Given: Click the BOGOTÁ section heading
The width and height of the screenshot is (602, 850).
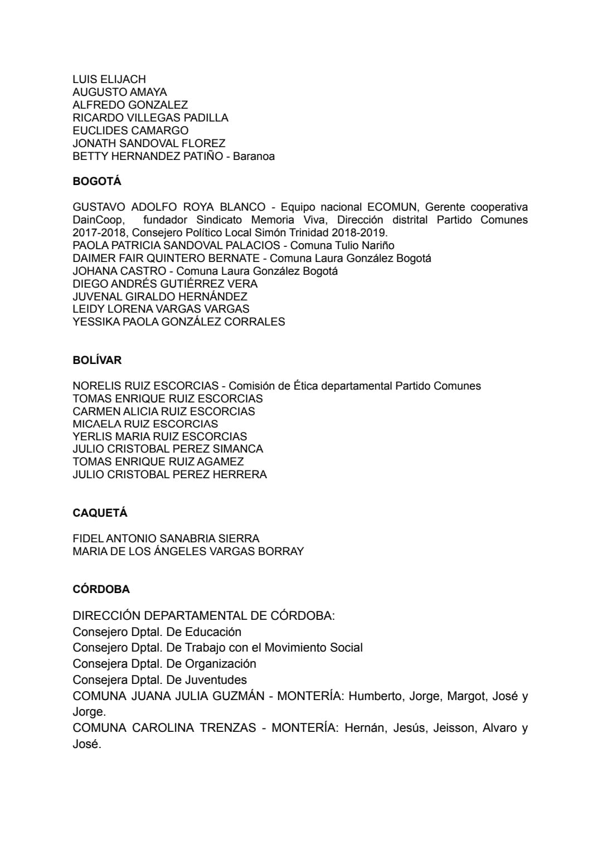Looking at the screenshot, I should click(96, 181).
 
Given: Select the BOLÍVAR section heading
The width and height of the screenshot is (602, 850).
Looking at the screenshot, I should click(97, 360).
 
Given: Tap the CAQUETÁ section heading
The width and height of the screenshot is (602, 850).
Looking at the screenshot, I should click(100, 513).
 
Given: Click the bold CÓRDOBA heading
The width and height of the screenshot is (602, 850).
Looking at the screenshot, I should click(101, 589).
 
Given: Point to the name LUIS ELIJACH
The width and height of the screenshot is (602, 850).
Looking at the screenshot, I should click(109, 79).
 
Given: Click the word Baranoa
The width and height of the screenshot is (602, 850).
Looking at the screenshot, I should click(254, 156).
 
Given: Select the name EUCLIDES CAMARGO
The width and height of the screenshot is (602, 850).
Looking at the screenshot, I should click(130, 130).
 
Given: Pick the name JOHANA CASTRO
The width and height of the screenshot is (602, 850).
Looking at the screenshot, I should click(119, 271).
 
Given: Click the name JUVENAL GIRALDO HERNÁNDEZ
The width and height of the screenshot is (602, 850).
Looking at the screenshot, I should click(160, 297).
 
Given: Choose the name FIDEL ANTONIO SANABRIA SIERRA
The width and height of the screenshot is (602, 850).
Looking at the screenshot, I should click(166, 538).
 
